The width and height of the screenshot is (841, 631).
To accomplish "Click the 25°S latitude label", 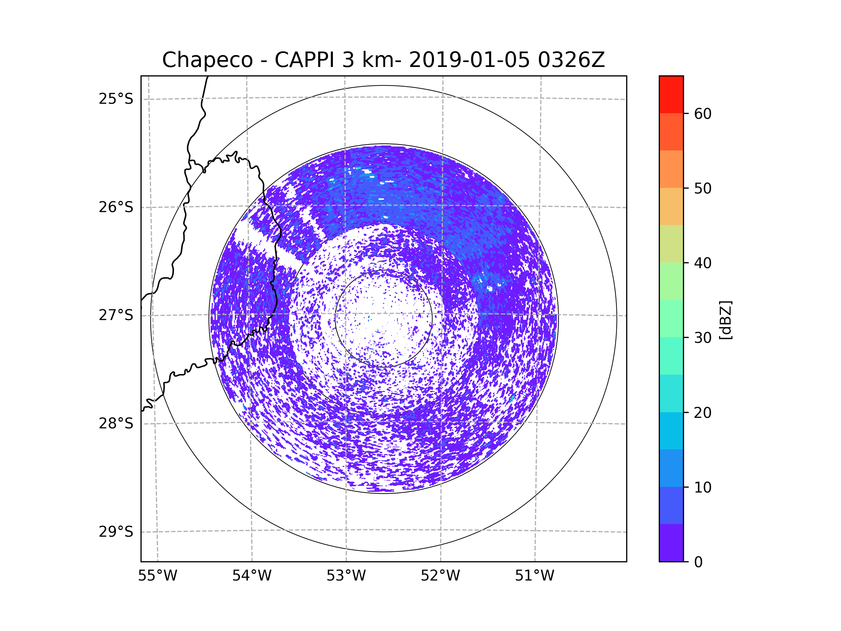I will (116, 99).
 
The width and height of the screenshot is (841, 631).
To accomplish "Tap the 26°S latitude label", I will (116, 207).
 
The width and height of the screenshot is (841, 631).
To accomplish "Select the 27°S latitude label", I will (116, 315).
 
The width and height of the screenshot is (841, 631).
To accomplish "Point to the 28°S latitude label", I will (116, 423).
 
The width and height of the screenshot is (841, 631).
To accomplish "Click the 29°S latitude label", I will (116, 532).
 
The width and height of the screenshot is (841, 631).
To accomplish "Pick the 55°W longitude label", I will (157, 576).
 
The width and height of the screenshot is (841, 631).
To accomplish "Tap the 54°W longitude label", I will (252, 576).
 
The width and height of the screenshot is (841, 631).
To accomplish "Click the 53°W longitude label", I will (346, 576).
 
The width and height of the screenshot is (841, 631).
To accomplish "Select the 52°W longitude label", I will (440, 576).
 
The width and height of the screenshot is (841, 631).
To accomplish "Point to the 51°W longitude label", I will (534, 576).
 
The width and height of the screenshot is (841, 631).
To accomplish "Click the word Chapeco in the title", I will (207, 60).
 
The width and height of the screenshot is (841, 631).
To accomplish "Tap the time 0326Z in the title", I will (571, 60).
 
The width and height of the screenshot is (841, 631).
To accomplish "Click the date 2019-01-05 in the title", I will (469, 60).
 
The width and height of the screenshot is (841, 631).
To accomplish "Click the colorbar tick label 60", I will (703, 114).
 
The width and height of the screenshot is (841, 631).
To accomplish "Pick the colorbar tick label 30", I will (703, 338).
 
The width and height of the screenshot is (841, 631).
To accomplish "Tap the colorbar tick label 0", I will (698, 562).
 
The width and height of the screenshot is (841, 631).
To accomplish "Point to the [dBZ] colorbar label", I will (725, 320).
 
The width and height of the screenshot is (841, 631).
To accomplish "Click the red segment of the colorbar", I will (671, 94).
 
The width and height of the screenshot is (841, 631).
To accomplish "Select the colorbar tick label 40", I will (703, 263).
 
